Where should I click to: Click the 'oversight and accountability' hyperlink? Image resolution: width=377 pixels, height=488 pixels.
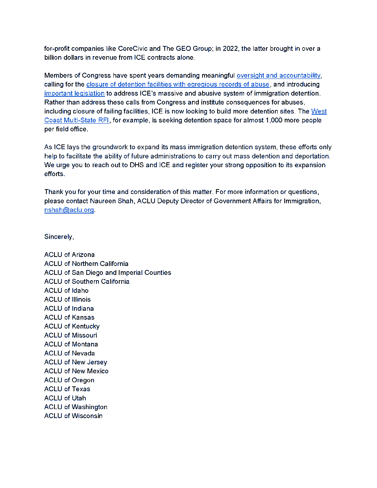(279, 76)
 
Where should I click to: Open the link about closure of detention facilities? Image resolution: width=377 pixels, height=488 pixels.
(178, 85)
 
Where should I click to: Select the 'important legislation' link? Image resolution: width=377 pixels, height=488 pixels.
(74, 94)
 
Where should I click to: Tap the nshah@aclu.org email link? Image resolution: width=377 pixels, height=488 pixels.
(69, 210)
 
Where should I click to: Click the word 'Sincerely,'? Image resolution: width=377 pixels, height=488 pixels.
(59, 237)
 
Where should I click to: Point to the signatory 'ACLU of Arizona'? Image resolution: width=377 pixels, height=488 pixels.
(70, 255)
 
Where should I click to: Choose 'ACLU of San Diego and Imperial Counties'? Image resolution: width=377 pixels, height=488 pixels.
(108, 272)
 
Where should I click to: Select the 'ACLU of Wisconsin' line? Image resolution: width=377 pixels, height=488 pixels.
(73, 416)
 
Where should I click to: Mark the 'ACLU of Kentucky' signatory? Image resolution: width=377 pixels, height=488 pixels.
(72, 326)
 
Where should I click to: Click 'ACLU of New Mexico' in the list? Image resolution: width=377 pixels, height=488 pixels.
(76, 371)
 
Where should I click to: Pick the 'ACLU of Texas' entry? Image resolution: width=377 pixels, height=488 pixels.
(67, 389)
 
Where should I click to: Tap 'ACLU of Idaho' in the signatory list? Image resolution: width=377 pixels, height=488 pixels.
(66, 290)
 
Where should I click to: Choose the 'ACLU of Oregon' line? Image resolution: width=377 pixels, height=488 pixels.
(69, 380)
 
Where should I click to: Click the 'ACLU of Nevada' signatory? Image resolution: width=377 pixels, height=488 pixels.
(70, 353)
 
